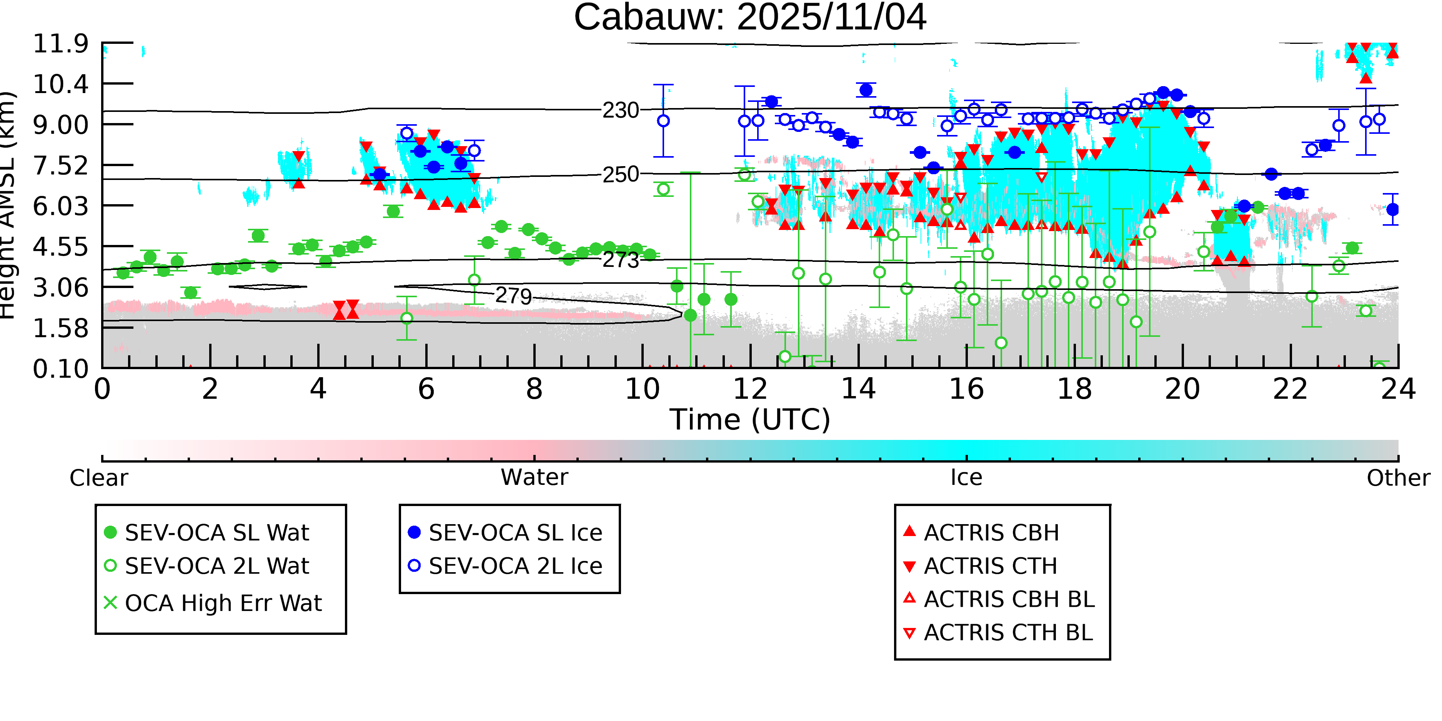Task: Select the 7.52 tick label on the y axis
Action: click(x=60, y=166)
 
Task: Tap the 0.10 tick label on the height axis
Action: click(x=60, y=369)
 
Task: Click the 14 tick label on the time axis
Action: click(x=858, y=389)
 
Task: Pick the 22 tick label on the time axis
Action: click(x=1290, y=389)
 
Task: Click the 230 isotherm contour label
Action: click(x=620, y=111)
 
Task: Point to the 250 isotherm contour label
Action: click(x=620, y=175)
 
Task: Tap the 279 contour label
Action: click(x=513, y=296)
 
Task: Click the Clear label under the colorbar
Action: click(x=98, y=478)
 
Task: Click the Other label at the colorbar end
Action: click(x=1398, y=478)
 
